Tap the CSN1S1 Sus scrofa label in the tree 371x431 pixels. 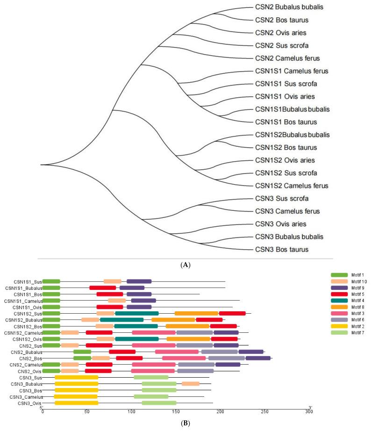coord(286,84)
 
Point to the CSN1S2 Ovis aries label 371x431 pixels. coord(285,160)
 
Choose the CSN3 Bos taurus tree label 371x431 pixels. coord(282,249)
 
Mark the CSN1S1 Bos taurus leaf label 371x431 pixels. coord(286,122)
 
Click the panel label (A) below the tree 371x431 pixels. coord(185,265)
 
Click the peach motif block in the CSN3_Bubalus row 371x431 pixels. coord(191,384)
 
